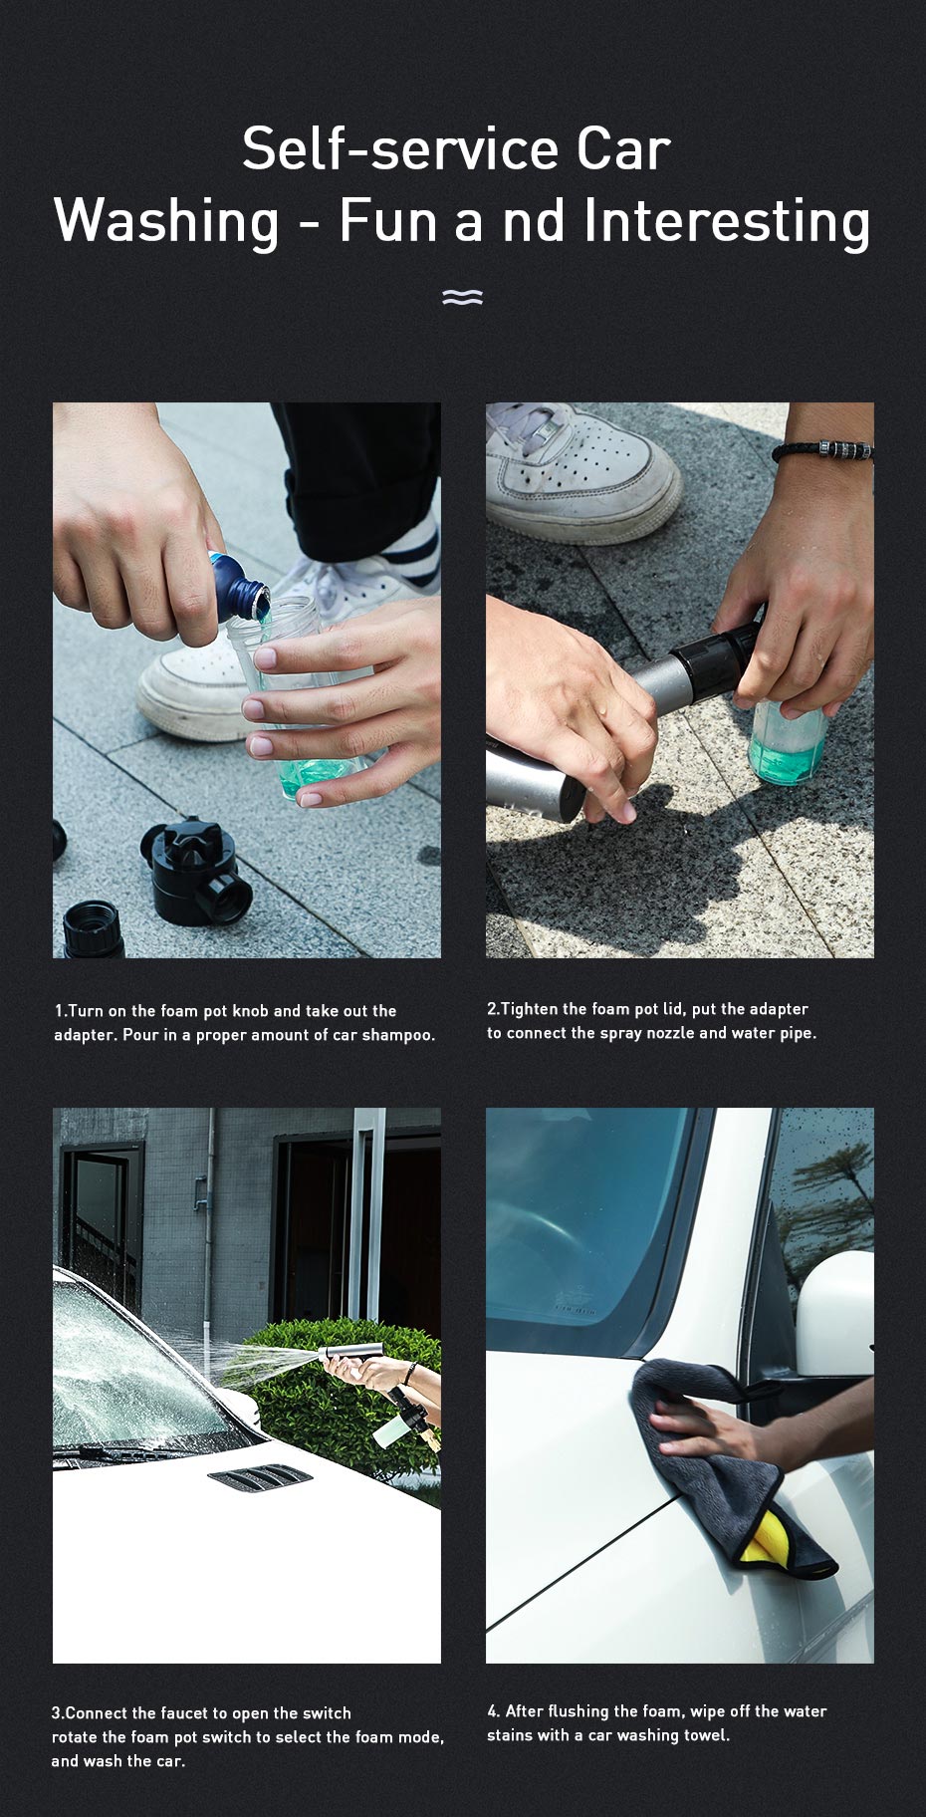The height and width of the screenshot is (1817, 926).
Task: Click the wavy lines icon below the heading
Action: tap(462, 297)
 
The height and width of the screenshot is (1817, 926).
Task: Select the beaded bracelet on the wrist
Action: tap(824, 450)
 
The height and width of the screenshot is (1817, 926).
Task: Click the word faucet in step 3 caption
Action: tap(186, 1713)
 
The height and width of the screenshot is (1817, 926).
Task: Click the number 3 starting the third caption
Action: tap(56, 1713)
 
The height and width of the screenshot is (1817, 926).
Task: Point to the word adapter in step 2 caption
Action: tap(778, 1010)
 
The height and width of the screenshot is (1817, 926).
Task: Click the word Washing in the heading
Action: tap(166, 221)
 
